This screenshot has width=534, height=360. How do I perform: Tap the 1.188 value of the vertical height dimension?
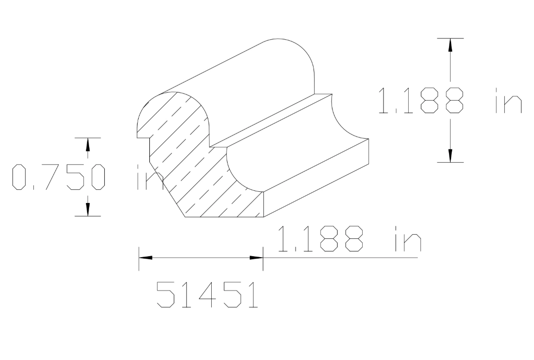[x=420, y=100]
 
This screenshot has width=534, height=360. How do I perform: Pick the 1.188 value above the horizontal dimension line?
[x=320, y=240]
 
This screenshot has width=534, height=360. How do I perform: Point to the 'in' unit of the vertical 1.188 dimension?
[x=508, y=100]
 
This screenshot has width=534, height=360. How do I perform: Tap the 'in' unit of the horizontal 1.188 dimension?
[x=407, y=240]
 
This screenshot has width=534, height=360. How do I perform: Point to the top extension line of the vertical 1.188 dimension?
[x=450, y=38]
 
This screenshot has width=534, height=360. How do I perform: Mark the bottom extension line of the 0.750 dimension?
[x=87, y=216]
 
